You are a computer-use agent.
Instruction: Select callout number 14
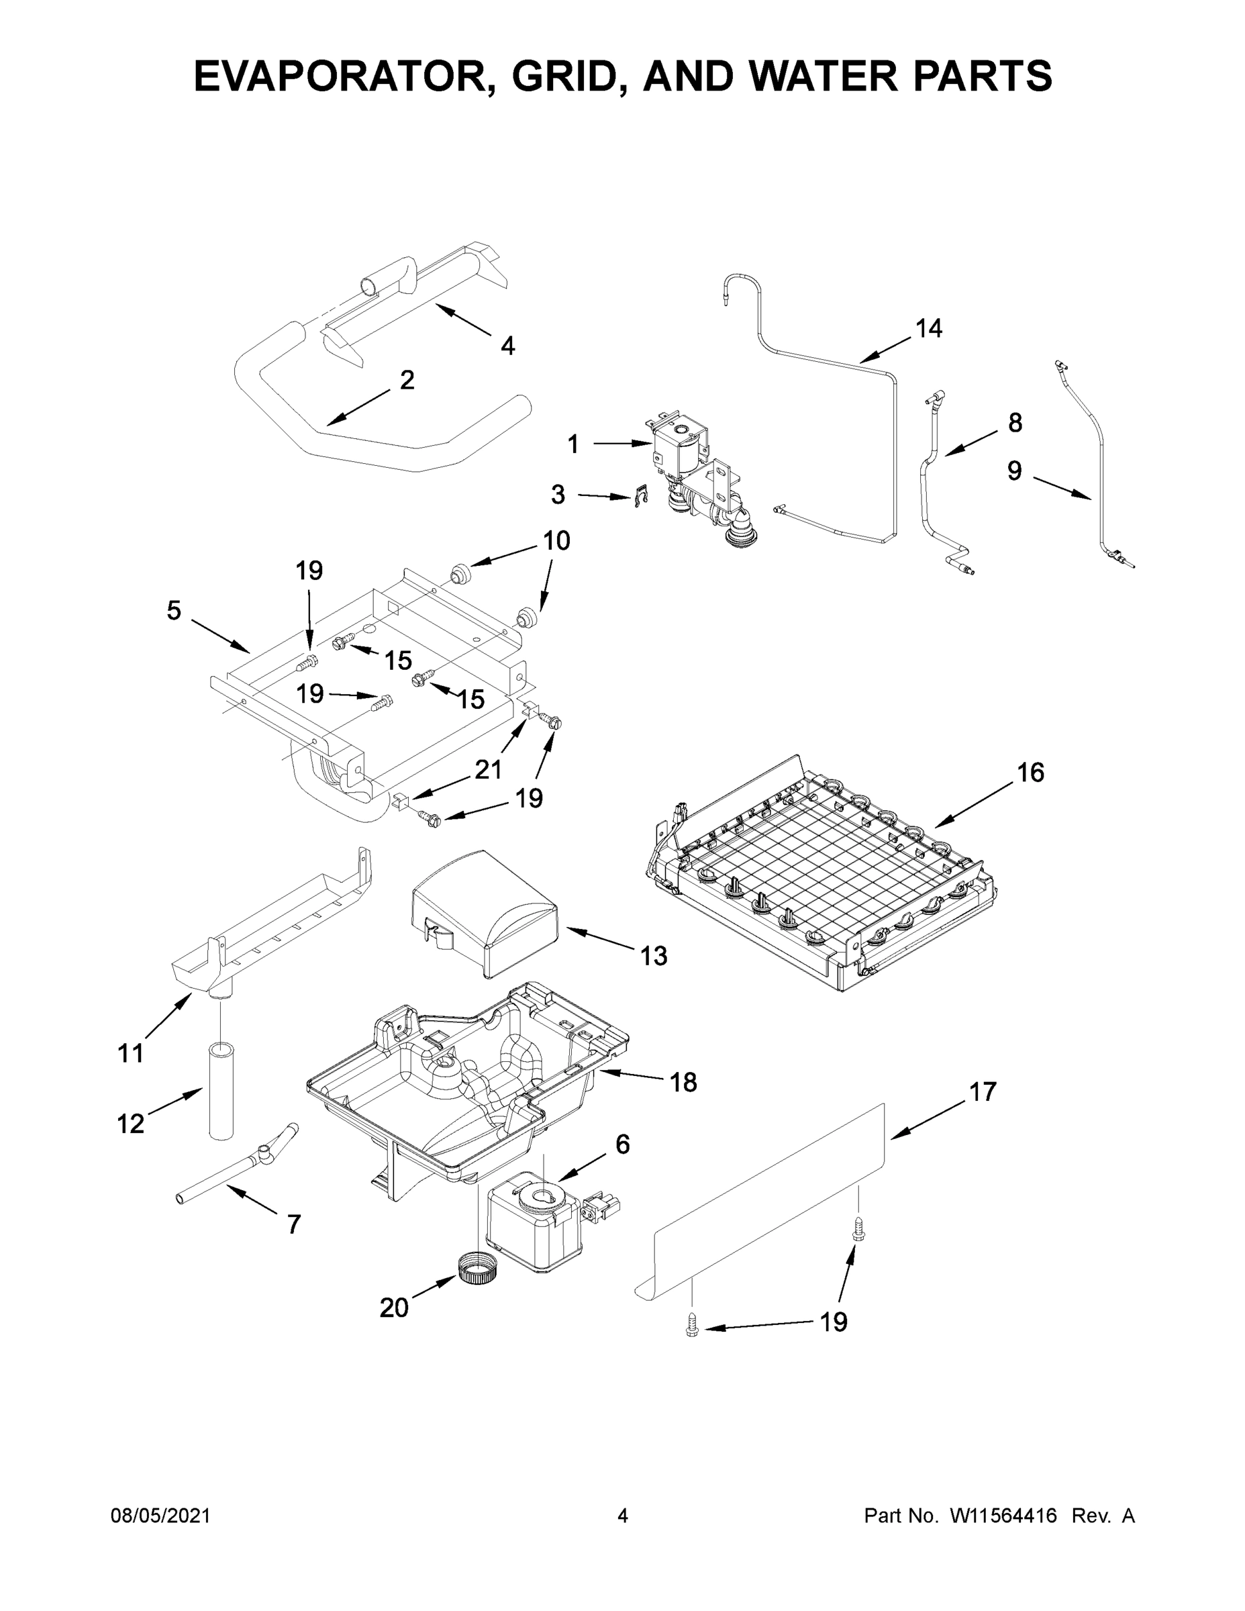tap(929, 329)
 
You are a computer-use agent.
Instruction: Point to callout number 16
tap(1030, 773)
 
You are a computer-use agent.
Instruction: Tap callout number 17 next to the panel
tap(983, 1091)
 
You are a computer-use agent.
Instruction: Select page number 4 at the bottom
tap(623, 1516)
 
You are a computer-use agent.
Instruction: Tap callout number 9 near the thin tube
tap(1015, 471)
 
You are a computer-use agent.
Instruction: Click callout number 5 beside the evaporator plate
tap(173, 611)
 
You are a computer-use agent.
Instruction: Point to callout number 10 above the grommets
tap(556, 540)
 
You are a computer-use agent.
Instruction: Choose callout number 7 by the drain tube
tap(293, 1225)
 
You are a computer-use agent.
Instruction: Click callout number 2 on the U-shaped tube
tap(407, 381)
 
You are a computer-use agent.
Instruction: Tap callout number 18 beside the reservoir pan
tap(683, 1083)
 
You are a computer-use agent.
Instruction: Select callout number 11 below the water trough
tap(131, 1053)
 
